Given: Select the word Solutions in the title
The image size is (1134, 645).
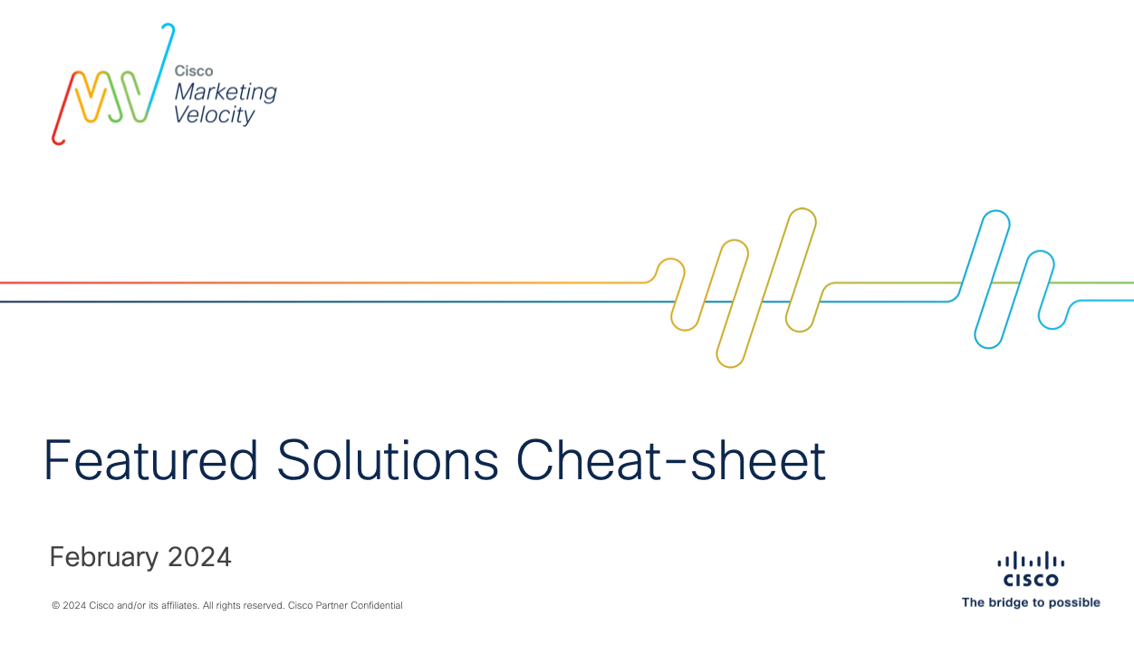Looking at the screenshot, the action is point(388,459).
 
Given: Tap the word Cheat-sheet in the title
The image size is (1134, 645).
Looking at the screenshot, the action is point(671,459).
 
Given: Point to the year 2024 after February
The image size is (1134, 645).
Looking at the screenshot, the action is point(199,557).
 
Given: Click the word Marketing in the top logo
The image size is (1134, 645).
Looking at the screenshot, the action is point(226,92).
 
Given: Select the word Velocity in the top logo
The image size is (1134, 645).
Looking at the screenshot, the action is point(214,115).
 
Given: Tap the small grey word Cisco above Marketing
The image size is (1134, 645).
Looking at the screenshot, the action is point(194,71).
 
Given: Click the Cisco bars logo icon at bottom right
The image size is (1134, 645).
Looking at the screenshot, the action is point(1031,561).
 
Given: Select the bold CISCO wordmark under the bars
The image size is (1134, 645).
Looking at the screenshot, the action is point(1031,580).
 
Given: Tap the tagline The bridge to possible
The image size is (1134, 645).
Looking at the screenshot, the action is point(1031,602).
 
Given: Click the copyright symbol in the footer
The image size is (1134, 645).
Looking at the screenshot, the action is point(55,605).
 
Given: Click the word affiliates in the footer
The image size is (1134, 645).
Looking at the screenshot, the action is point(179,605).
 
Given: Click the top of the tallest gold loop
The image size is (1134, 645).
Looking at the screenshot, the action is point(802,208).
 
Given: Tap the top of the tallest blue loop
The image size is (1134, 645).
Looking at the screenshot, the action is point(996,211).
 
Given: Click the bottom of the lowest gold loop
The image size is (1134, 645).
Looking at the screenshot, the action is point(730,367).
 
